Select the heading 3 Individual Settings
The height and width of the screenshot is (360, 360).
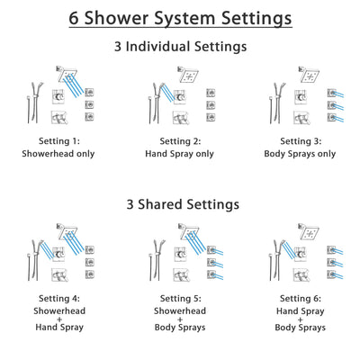[180, 45]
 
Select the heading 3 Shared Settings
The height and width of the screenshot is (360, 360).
[180, 204]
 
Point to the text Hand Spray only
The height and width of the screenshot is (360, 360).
[180, 153]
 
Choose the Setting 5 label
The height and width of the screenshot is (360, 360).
[180, 300]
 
